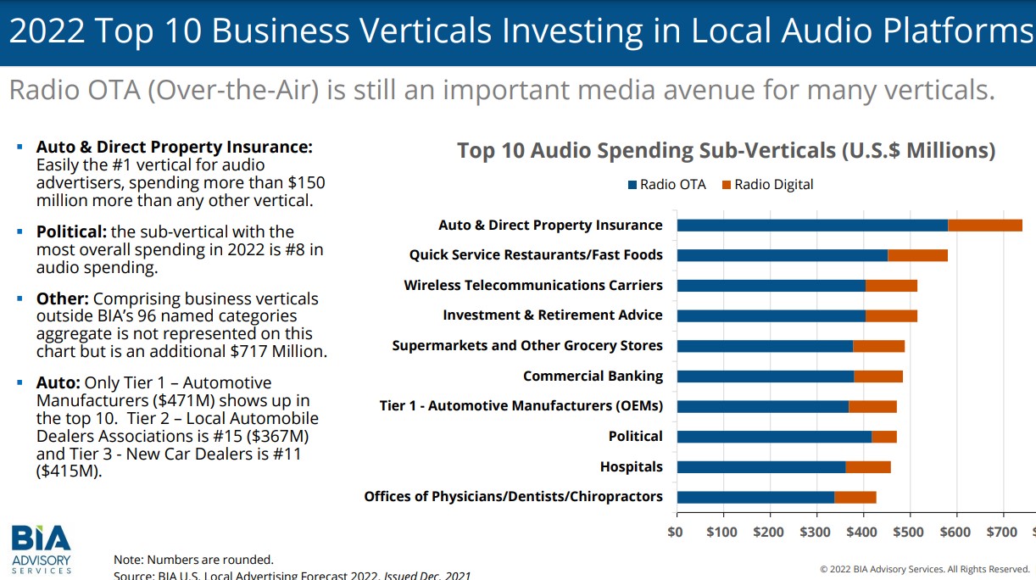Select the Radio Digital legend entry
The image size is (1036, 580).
coord(766,185)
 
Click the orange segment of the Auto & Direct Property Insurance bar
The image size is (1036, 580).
coord(984,225)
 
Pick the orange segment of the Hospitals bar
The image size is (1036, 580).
coord(867,466)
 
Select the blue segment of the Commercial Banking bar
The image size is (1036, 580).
coord(765,376)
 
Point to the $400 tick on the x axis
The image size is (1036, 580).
coord(863,532)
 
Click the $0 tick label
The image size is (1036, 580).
coord(676,532)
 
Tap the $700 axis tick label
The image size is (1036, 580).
coord(1003,532)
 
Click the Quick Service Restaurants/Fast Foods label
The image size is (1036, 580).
coord(536,255)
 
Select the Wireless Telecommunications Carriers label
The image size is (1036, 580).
coord(533,285)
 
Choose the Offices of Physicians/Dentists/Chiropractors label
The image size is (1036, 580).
coord(513,497)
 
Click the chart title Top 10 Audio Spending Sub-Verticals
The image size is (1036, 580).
coord(726,151)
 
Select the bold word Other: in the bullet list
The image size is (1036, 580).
coord(63,298)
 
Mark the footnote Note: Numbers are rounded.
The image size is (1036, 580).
coord(193,560)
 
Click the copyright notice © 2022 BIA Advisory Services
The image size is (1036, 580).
coord(924,569)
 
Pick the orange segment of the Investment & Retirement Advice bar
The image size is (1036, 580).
coord(891,315)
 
